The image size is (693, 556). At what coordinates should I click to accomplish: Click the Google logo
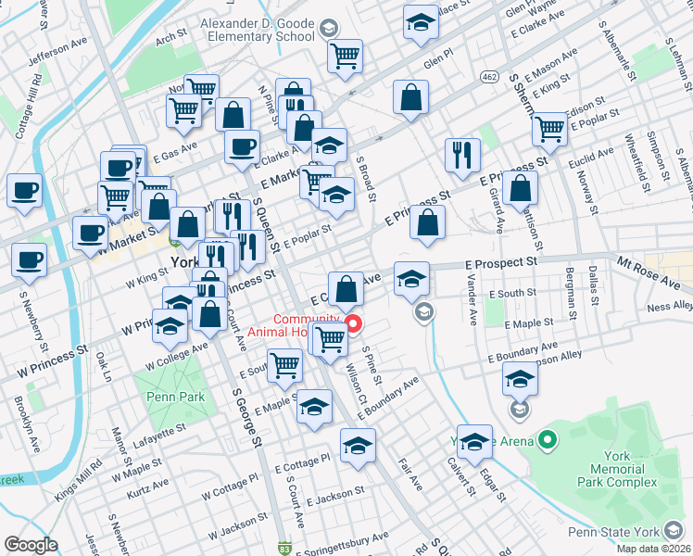tap(31, 545)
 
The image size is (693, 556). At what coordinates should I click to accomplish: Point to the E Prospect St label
tap(504, 264)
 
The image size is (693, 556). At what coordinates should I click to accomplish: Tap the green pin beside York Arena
tap(548, 440)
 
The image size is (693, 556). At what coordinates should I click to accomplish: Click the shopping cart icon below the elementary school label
tap(345, 57)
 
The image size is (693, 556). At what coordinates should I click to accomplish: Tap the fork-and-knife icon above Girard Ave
tap(461, 156)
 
